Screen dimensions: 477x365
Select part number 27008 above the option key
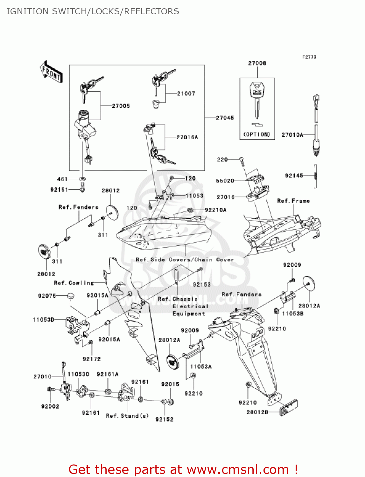coord(257,63)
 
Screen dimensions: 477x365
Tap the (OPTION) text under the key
coord(257,135)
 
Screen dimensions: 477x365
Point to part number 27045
coord(225,118)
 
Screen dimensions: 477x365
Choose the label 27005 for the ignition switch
coord(121,106)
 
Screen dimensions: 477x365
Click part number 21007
coord(186,93)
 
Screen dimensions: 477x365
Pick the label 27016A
coord(187,137)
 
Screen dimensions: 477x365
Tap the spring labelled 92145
coord(315,177)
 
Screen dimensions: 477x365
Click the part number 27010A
coord(292,135)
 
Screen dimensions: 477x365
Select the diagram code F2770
coord(309,57)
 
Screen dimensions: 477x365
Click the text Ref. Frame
coord(293,201)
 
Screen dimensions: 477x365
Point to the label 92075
coord(47,296)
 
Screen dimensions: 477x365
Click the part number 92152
coord(165,419)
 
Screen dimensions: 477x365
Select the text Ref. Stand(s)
coord(127,416)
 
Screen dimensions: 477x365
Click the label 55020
coord(225,181)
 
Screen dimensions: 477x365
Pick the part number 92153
coord(202,285)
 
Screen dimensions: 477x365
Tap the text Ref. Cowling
coord(74,283)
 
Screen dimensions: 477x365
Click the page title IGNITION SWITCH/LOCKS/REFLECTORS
coord(93,11)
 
